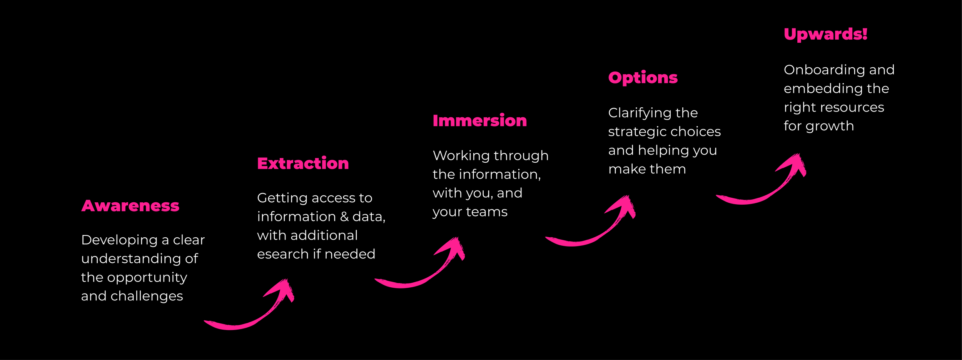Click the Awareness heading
[x=130, y=206]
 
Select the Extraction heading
[x=303, y=163]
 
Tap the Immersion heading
[x=479, y=121]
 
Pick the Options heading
[x=643, y=78]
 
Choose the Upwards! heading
[x=825, y=34]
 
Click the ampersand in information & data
[x=344, y=217]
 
